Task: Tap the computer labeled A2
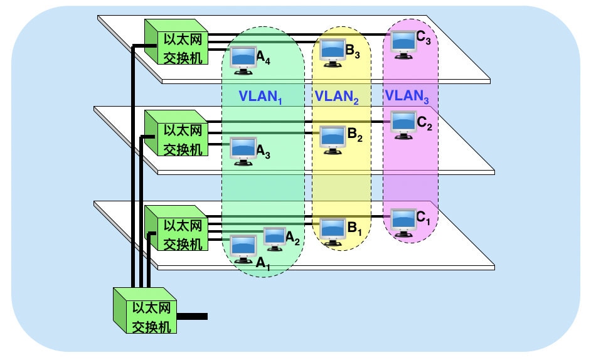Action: coord(275,236)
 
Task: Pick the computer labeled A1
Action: coord(243,247)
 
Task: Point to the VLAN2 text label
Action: coord(336,97)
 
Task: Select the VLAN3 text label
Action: coord(407,97)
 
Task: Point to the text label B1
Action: coord(355,228)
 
